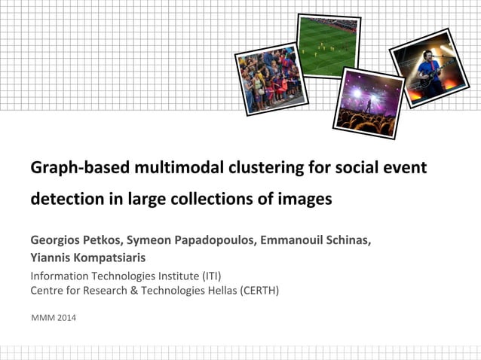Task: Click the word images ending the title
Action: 305,200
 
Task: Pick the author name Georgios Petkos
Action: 75,240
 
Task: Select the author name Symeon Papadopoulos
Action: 189,240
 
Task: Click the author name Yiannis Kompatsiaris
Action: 88,258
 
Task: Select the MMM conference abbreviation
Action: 43,318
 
